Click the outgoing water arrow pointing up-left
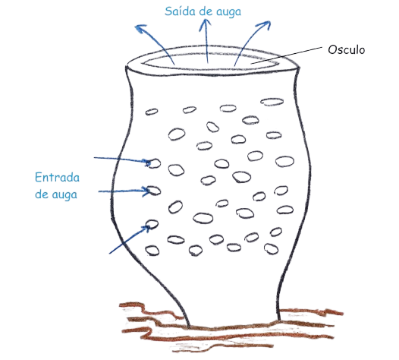point(156,41)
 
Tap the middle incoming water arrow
point(121,188)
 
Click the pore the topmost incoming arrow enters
point(153,163)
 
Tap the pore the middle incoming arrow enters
point(152,190)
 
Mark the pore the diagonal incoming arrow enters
point(151,224)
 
